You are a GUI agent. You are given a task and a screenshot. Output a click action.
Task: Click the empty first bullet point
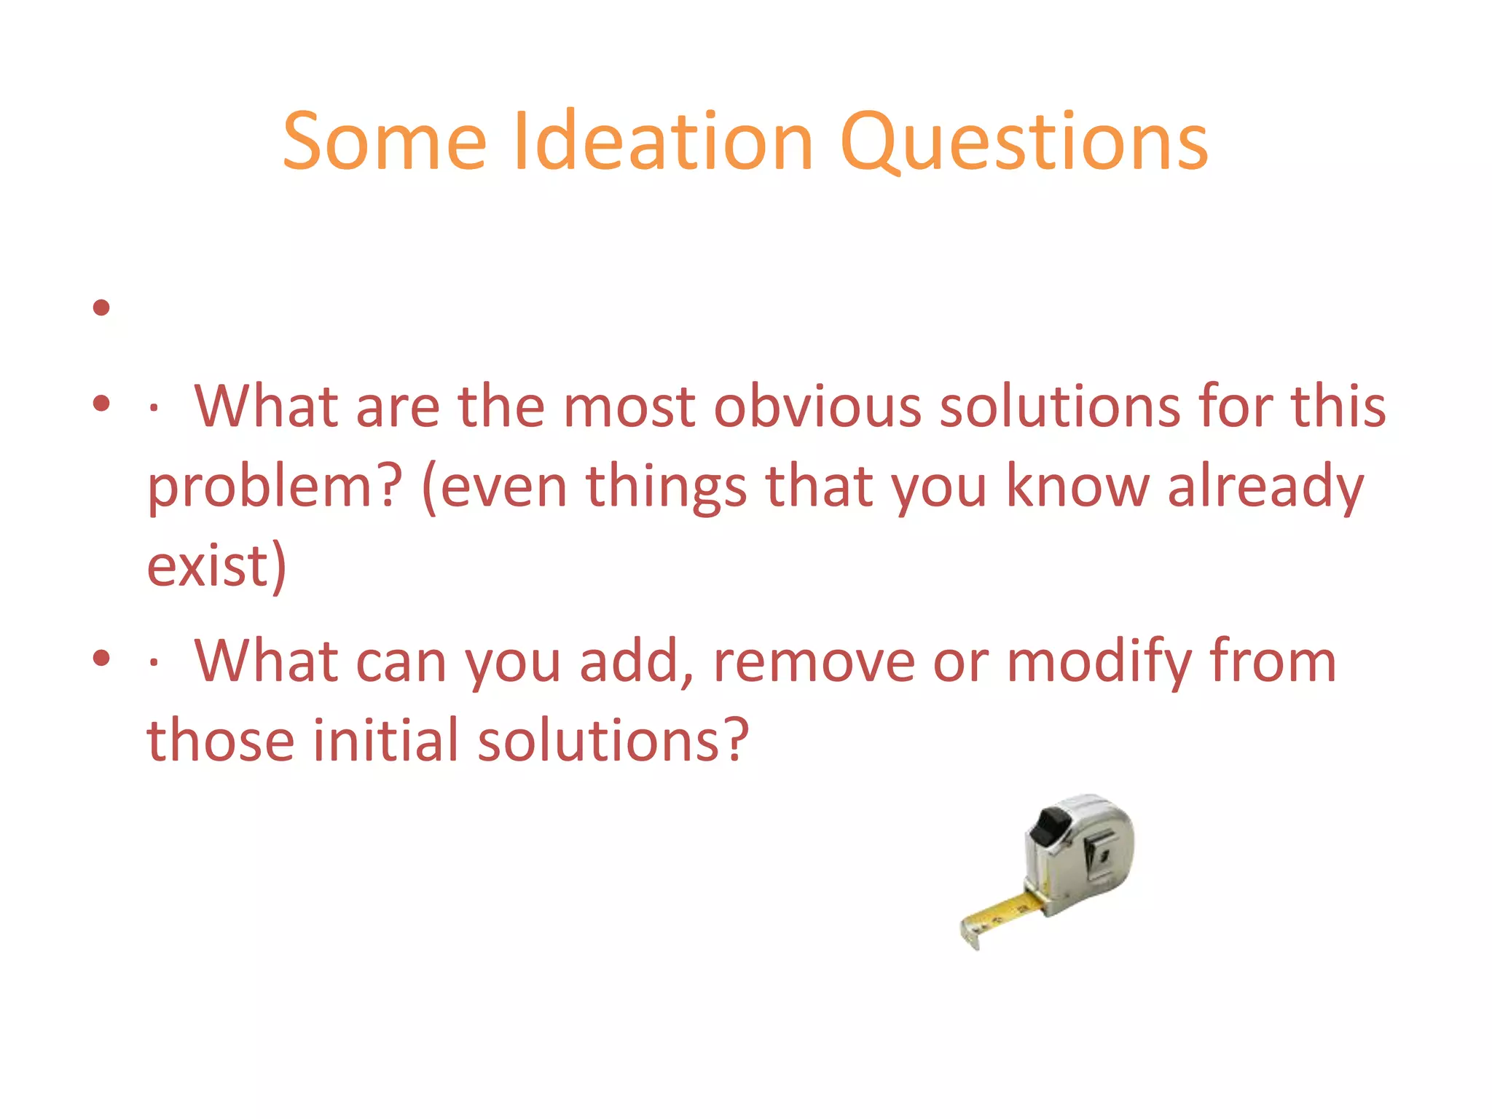(101, 307)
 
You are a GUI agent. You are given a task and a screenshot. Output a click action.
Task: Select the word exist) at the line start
(216, 566)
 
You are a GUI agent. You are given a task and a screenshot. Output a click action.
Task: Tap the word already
(1265, 487)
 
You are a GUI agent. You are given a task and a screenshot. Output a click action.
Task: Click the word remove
(814, 661)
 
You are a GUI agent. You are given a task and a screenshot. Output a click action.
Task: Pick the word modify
(1099, 661)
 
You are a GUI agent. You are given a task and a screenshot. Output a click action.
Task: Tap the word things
(666, 487)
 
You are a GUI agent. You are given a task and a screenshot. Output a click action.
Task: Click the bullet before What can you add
(101, 658)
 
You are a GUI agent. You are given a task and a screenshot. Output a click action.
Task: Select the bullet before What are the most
(101, 402)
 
